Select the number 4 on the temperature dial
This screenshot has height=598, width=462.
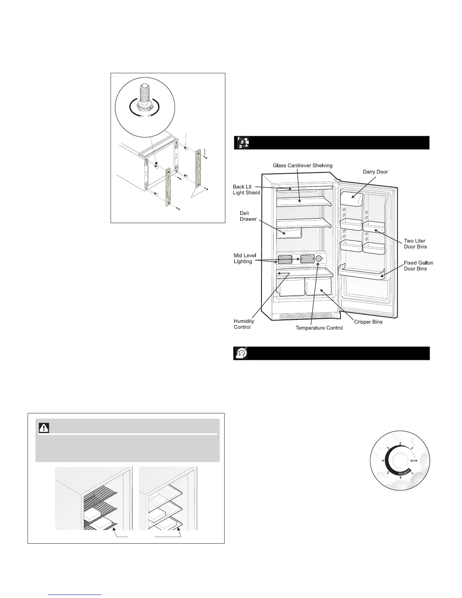383,461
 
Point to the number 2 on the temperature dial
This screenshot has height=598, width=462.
400,444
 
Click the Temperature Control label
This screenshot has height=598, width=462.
319,328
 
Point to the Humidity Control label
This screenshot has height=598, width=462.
244,324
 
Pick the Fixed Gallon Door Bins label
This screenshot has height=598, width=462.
418,266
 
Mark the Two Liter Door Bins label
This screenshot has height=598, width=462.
415,244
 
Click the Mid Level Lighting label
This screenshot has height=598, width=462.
245,259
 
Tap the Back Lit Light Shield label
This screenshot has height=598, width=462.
246,190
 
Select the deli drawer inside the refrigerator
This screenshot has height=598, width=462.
290,232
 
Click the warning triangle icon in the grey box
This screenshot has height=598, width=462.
45,428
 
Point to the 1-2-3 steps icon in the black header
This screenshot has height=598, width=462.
242,143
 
